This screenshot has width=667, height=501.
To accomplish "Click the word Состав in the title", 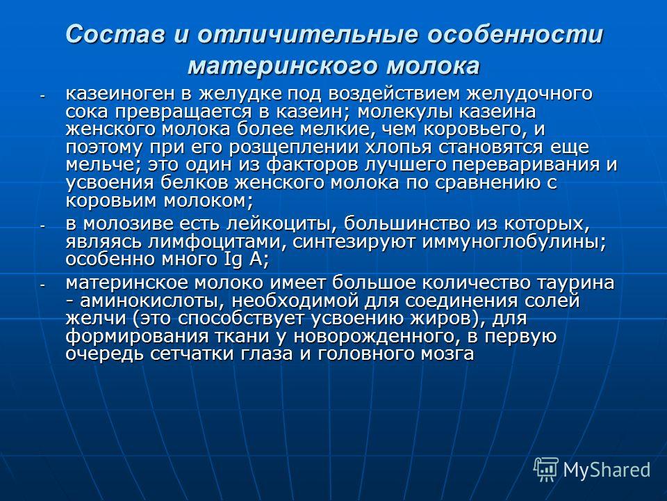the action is click(x=115, y=34).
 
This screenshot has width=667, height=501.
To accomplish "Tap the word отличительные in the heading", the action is click(x=308, y=34).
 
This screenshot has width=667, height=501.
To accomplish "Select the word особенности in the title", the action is click(x=515, y=34).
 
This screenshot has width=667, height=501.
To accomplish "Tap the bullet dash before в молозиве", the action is click(x=42, y=225).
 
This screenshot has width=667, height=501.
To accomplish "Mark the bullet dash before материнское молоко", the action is click(x=42, y=285).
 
